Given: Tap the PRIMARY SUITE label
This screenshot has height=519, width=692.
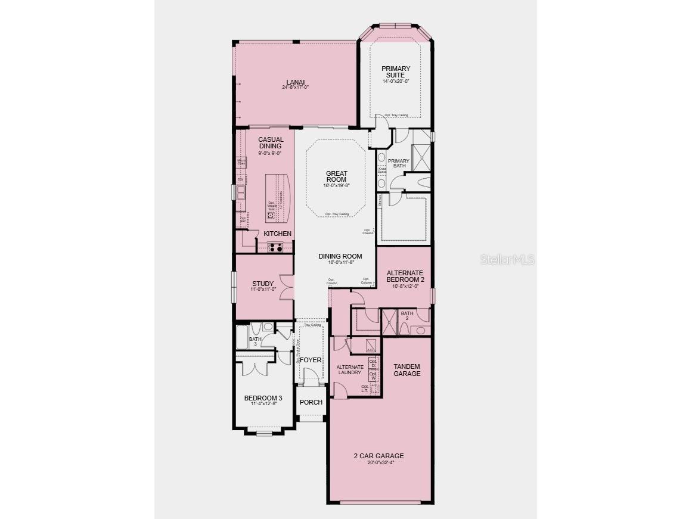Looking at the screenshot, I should point(396,72).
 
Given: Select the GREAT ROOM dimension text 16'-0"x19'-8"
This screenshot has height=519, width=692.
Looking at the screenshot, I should point(336,185).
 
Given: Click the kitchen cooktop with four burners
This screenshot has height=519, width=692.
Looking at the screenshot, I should point(275,248).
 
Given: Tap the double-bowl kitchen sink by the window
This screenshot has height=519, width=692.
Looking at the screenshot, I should point(241,192).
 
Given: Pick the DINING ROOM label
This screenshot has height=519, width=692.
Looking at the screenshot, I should point(340,256).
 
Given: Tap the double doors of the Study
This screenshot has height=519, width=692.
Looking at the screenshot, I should point(287,287).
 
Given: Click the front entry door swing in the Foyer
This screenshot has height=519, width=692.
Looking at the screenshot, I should point(310,376).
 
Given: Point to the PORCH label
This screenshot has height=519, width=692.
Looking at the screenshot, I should point(311,402).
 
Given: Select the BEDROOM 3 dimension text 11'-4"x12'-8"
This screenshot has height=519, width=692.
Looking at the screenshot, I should point(263,404).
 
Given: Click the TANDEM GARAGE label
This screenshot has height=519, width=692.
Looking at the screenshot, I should point(406,370).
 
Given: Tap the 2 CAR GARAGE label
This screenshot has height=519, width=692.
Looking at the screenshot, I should point(378,456).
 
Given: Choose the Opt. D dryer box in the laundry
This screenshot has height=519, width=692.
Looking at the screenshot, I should point(373,363).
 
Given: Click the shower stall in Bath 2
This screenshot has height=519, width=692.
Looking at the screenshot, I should point(389,321).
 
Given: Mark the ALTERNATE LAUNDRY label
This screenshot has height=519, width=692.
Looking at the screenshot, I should point(349,369).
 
